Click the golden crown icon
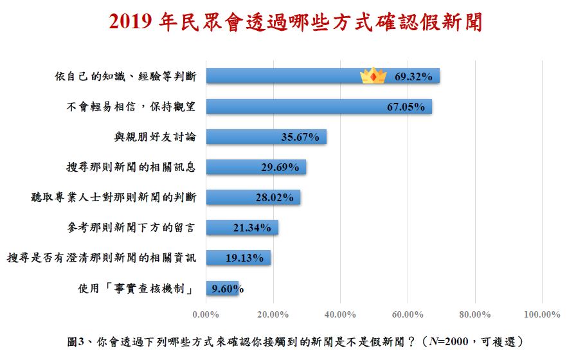[x=373, y=76]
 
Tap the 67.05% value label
[x=406, y=107]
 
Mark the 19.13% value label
[x=244, y=258]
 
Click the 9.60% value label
[x=225, y=288]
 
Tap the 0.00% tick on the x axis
[x=206, y=314]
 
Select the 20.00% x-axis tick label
[x=273, y=314]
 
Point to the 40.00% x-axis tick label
[x=340, y=314]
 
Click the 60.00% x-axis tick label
[x=408, y=314]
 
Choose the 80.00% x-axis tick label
[x=474, y=314]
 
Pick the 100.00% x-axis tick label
[x=542, y=314]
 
